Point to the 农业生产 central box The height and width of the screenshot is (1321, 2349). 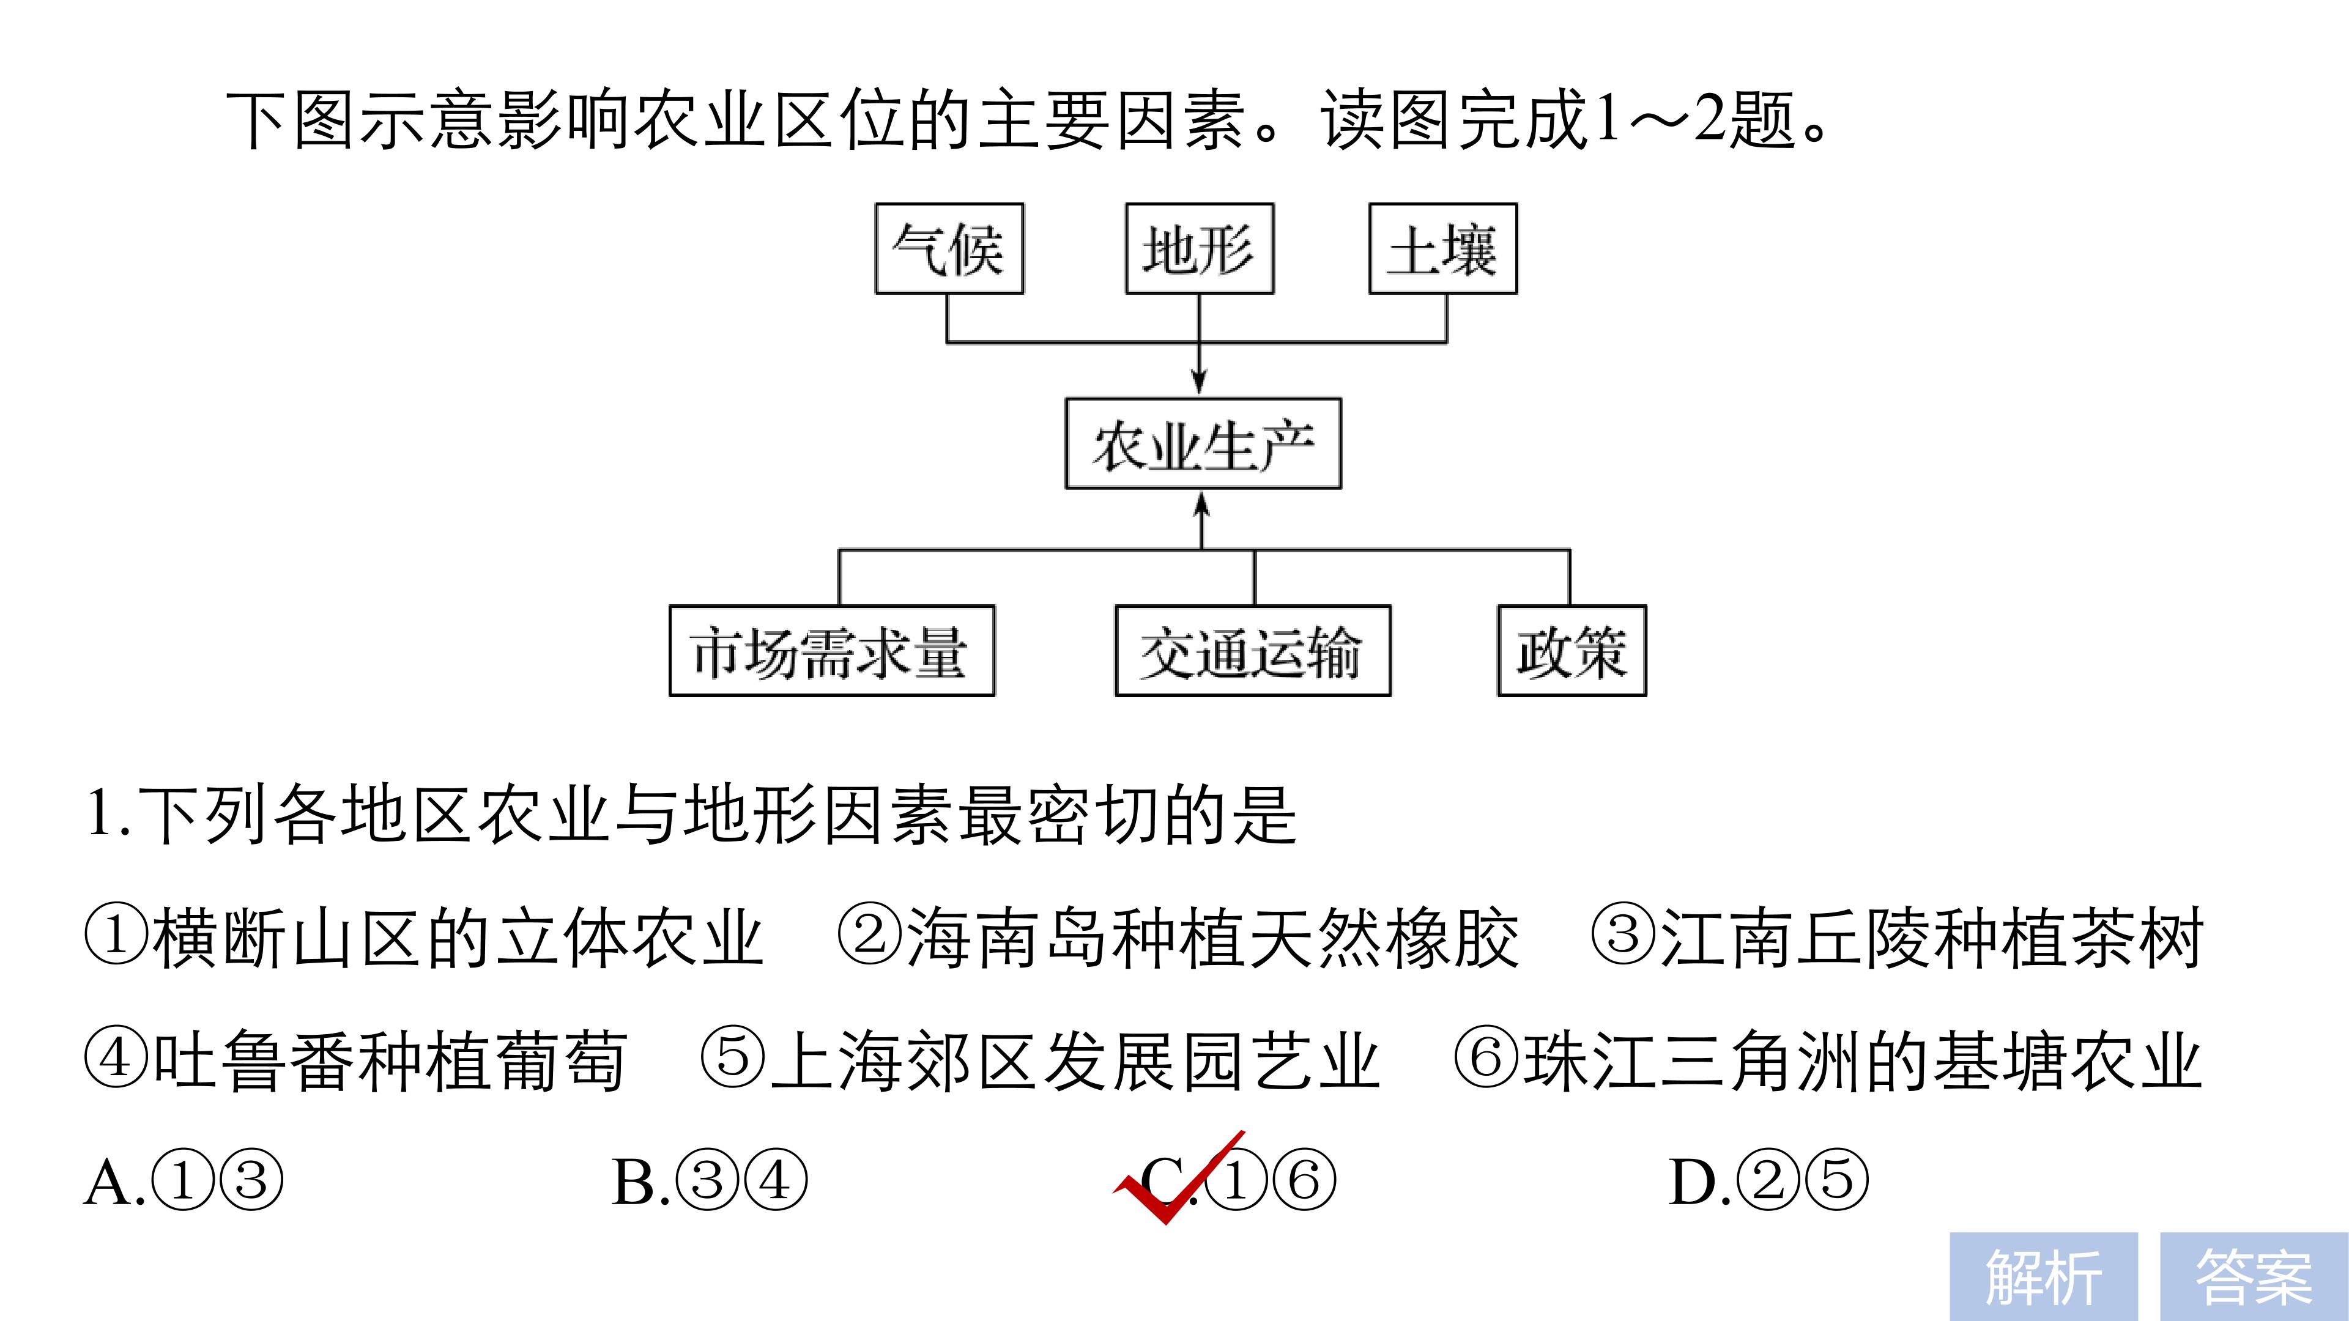click(x=1203, y=444)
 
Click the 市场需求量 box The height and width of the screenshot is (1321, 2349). click(x=832, y=651)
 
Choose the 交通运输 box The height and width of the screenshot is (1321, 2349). click(x=1253, y=651)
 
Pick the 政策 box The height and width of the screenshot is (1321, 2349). click(x=1572, y=651)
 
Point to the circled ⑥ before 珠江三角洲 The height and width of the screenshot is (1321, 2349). click(x=1486, y=1059)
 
